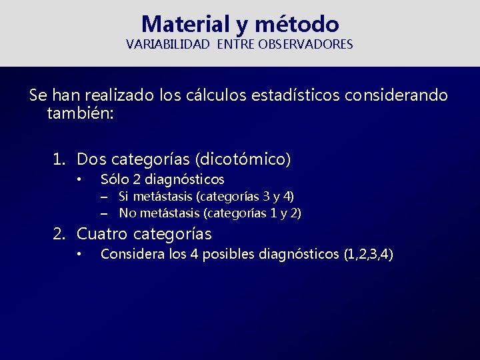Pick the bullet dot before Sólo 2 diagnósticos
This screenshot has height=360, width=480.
[x=79, y=179]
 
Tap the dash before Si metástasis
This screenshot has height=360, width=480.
[x=105, y=197]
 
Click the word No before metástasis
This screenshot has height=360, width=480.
[x=127, y=213]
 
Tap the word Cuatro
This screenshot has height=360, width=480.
[x=103, y=234]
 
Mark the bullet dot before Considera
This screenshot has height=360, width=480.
[x=79, y=254]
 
